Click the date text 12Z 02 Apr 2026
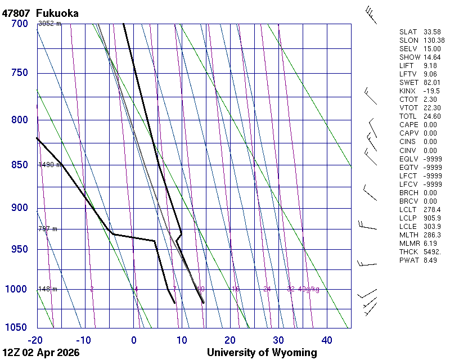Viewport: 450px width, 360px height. [41, 353]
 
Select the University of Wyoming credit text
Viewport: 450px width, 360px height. [262, 353]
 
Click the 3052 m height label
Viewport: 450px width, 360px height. [49, 24]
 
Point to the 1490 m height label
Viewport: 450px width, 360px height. [49, 165]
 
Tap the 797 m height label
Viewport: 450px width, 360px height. [48, 229]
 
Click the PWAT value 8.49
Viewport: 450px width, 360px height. [430, 260]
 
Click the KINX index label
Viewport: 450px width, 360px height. [407, 91]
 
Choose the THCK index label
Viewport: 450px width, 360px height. [408, 251]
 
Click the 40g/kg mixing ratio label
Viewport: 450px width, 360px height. [309, 289]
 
